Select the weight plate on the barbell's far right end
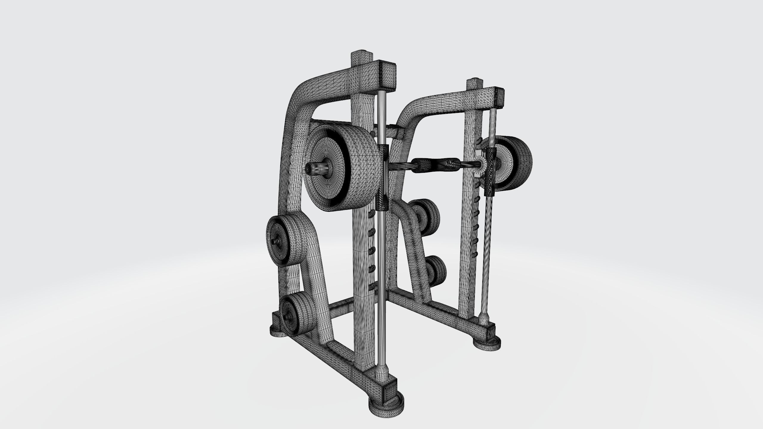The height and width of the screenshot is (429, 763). (517, 163)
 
